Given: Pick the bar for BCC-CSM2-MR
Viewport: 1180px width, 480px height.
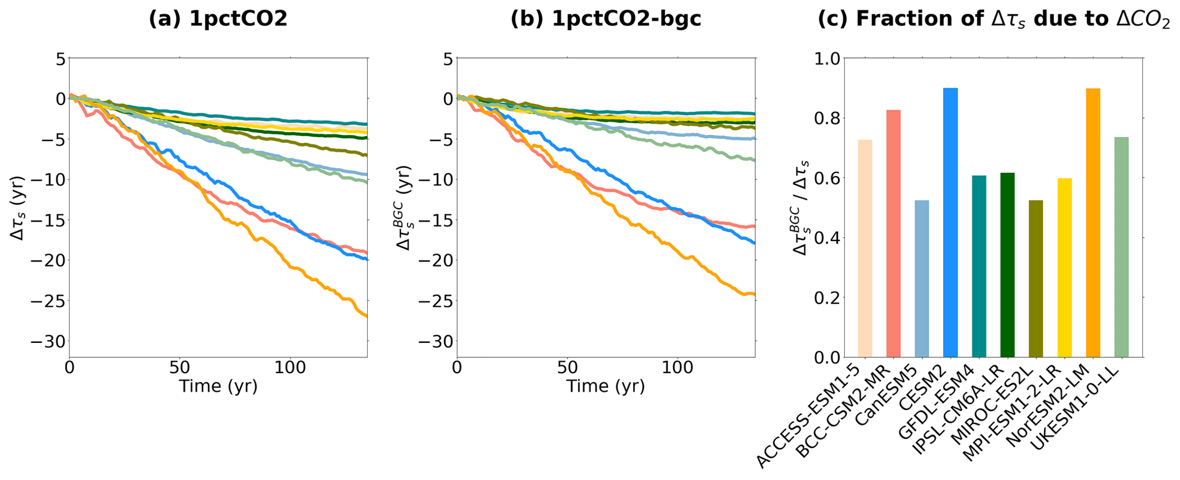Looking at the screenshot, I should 893,234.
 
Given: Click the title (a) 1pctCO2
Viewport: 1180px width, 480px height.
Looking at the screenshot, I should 218,19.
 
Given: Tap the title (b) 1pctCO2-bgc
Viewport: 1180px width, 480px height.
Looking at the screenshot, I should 606,19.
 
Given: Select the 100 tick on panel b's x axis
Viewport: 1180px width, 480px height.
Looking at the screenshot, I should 677,367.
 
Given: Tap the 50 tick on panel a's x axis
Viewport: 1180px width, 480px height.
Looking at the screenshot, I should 179,367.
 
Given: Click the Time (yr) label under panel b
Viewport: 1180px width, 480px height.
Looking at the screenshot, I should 606,387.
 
